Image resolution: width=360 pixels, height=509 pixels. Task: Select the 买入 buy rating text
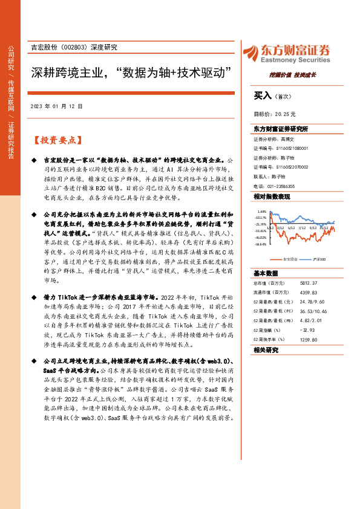[262, 96]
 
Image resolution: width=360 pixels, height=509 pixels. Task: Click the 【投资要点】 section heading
[56, 140]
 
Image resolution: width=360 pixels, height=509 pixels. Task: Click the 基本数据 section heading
[266, 273]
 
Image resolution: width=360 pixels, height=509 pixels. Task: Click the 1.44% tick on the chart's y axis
[261, 212]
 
